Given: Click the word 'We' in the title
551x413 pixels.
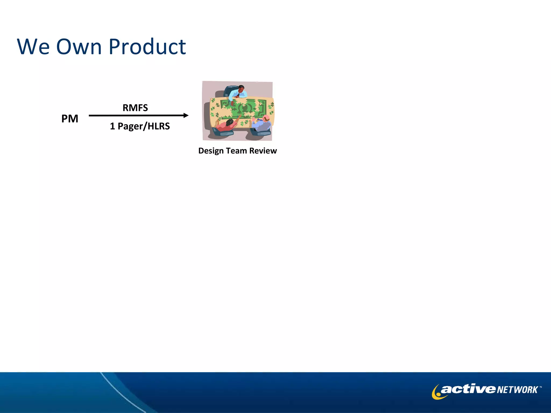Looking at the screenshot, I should [33, 47].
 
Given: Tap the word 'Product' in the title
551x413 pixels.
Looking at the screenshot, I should [147, 47].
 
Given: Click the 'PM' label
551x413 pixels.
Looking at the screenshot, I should [70, 119].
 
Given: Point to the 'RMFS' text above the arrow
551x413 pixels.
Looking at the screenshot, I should [135, 108].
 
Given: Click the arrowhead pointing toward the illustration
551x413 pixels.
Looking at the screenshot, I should [186, 115].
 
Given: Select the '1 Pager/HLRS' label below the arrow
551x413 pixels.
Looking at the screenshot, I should [140, 126].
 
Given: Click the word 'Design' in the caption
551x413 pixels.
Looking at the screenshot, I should [211, 151].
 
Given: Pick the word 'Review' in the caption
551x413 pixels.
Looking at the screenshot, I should [263, 151].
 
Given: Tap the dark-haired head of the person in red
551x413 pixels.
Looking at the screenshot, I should [229, 123].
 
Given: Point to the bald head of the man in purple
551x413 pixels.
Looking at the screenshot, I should [266, 118].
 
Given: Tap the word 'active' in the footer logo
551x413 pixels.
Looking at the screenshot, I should [468, 389].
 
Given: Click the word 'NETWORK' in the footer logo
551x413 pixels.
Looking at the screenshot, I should [517, 390].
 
